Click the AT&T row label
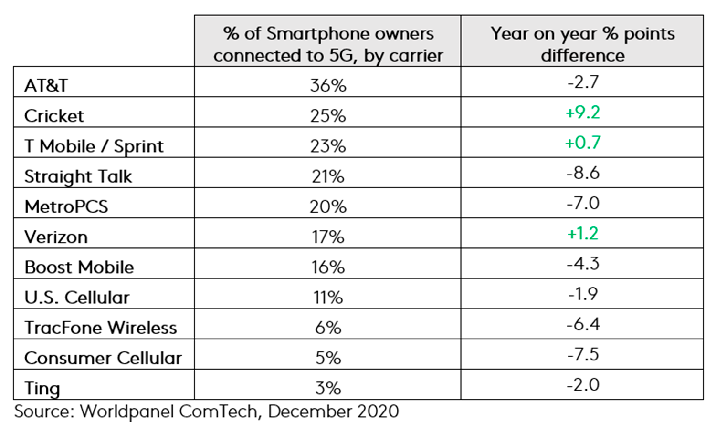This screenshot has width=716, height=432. tap(46, 85)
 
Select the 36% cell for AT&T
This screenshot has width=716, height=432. tap(328, 85)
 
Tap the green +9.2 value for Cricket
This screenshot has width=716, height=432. tap(582, 113)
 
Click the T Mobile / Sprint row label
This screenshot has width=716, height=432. tap(94, 146)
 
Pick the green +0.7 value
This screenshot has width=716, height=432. tap(582, 143)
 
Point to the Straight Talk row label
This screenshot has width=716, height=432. tap(78, 176)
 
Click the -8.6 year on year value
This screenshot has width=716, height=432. tap(582, 173)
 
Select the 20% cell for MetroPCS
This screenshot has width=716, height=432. tap(328, 206)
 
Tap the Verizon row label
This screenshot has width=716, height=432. tap(56, 237)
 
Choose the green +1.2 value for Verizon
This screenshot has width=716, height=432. tap(582, 233)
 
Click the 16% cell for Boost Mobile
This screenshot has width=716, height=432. tap(328, 267)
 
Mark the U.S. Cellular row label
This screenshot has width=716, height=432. tap(77, 298)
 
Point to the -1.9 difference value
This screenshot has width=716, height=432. tap(582, 294)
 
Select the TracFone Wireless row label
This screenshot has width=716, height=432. tap(101, 328)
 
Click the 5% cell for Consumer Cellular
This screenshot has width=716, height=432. tap(328, 358)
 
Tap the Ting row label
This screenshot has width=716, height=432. tap(42, 388)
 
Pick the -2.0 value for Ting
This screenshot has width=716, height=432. tap(582, 384)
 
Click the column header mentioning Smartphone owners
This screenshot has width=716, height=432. tap(328, 44)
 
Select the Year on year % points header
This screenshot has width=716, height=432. tap(582, 44)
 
